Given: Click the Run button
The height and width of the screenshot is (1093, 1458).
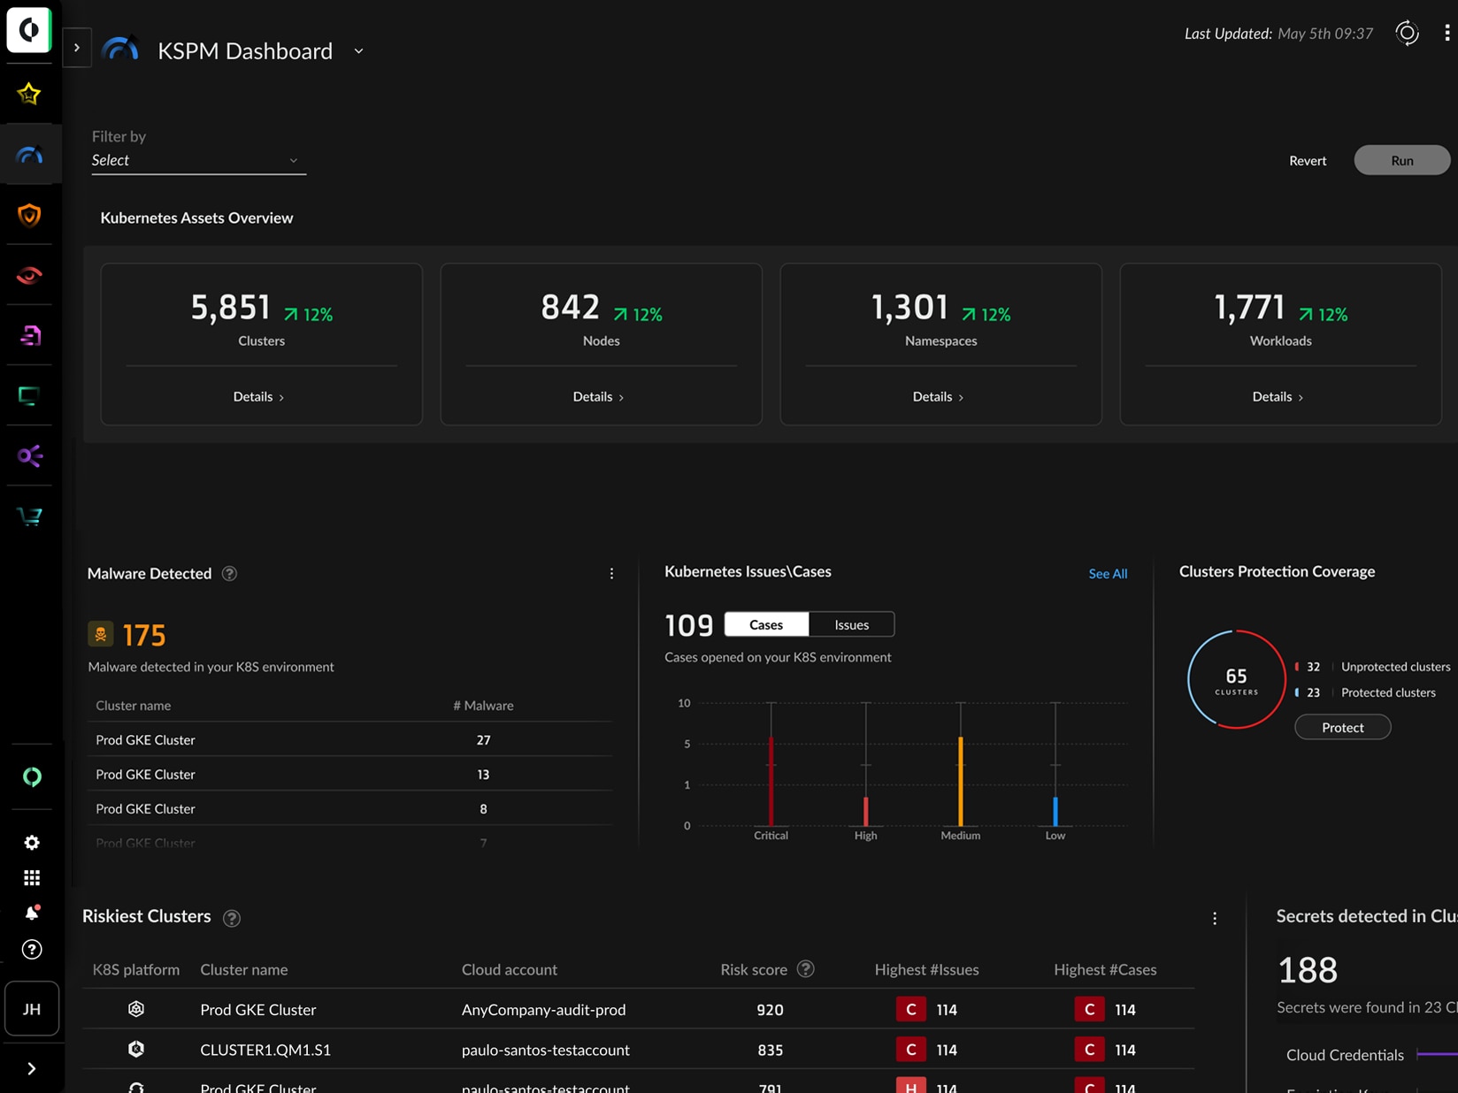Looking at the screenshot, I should tap(1401, 160).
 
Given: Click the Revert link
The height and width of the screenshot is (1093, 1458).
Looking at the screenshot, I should tap(1307, 160).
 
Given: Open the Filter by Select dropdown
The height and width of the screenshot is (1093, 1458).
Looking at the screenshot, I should tap(198, 160).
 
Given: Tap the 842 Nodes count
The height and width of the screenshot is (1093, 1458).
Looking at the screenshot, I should tap(571, 308).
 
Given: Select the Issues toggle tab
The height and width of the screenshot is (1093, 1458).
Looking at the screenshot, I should tap(851, 624).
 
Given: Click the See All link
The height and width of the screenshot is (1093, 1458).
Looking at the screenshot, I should tap(1107, 574).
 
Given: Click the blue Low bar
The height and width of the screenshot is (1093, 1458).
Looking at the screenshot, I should tap(1055, 810).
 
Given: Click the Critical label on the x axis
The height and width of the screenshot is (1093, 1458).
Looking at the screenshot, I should tap(771, 836).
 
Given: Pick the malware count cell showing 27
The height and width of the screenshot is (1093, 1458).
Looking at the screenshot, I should tap(483, 739).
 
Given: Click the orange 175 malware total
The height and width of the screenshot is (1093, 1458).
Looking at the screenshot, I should tap(144, 635).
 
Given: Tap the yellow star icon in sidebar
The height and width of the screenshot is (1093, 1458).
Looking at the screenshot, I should tap(29, 94).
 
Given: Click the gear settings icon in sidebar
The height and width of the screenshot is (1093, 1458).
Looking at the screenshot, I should tap(32, 843).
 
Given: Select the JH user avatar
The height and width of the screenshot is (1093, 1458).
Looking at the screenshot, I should tap(32, 1008).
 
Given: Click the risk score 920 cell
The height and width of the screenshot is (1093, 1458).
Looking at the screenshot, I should tap(770, 1009).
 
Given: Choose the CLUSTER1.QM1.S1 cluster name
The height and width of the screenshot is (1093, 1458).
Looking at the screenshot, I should tap(265, 1050).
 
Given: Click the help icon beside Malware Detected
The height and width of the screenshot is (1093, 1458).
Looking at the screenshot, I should tap(230, 574).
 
